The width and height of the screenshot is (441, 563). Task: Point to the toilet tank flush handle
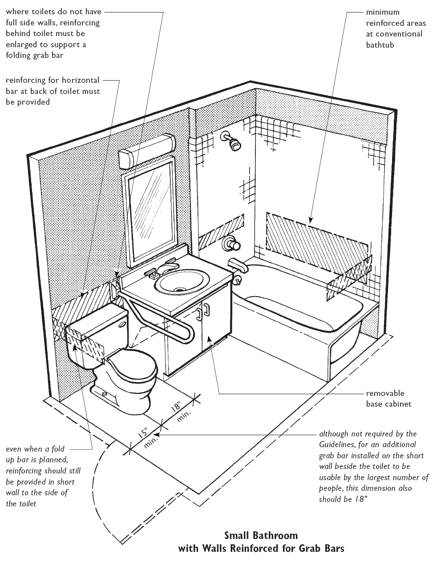tap(122, 324)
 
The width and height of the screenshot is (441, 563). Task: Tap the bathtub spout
tap(238, 266)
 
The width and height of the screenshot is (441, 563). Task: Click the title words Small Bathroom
tap(261, 535)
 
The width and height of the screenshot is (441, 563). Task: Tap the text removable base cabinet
tap(388, 399)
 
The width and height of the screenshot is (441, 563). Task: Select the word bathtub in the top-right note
tap(380, 45)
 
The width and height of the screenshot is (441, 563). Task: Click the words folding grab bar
tap(35, 55)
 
